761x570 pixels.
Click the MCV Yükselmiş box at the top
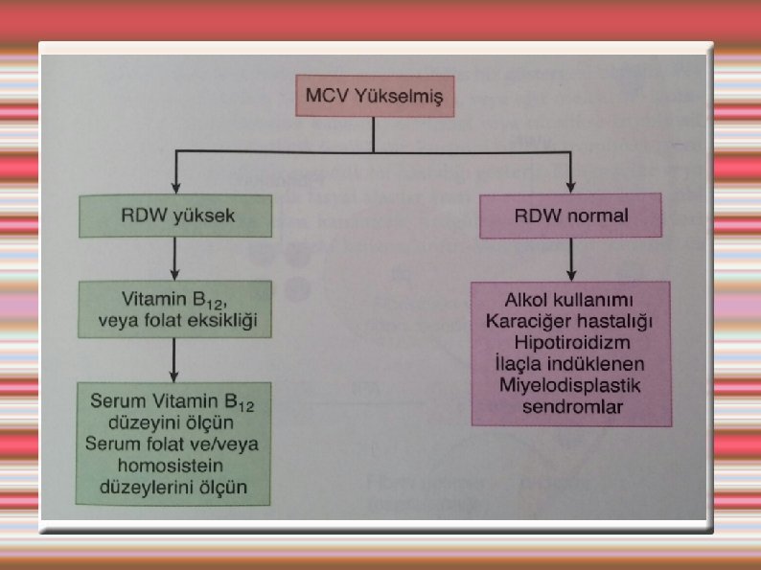pos(373,97)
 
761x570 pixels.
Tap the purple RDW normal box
pos(569,216)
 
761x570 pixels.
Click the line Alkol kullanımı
pos(571,296)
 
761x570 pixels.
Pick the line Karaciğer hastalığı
pos(571,319)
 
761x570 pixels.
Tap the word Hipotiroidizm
pos(571,342)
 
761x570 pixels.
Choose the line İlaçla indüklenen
pos(571,364)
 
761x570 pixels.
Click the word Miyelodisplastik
pos(571,386)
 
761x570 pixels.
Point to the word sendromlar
pos(571,408)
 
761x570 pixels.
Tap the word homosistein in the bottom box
pos(173,467)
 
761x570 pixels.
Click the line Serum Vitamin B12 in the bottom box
pos(173,401)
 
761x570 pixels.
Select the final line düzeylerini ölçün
pos(173,488)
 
